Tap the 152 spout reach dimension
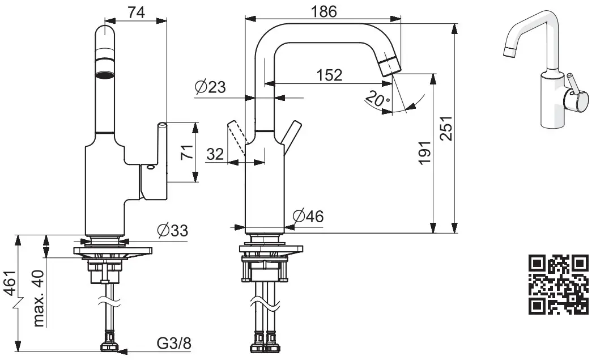tap(329, 75)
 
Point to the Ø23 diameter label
tap(210, 88)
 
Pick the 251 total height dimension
tap(446, 134)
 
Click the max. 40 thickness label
tap(39, 298)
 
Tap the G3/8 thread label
tap(173, 344)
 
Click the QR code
tap(557, 285)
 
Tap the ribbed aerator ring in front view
tap(105, 74)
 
